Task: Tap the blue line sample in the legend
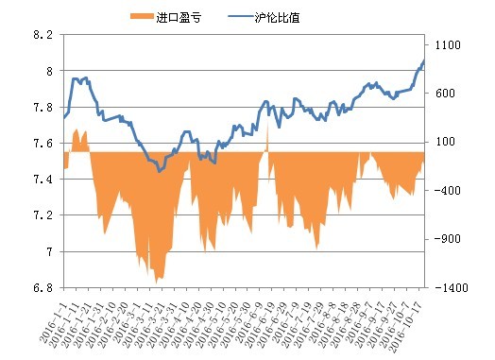pos(241,16)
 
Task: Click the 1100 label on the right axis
pos(447,45)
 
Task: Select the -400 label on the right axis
pos(445,190)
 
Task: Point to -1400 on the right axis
pos(448,286)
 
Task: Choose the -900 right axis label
pos(445,238)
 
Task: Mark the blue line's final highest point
pos(423,61)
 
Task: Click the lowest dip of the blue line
pos(160,172)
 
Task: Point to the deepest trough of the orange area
pos(157,281)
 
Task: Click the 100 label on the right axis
pos(445,142)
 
